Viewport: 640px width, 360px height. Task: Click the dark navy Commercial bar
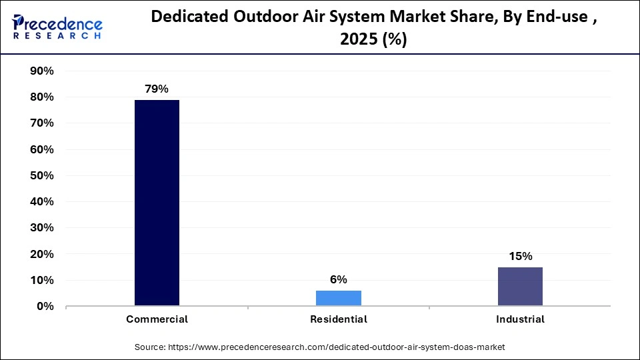(x=157, y=203)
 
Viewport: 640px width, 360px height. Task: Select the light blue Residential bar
(x=339, y=298)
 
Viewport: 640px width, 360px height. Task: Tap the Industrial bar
(x=520, y=287)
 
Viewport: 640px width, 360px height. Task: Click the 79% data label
(x=157, y=89)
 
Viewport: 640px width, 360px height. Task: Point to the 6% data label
(x=339, y=279)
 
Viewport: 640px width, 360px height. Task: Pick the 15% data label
(x=520, y=256)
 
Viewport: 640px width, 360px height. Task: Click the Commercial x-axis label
(x=157, y=319)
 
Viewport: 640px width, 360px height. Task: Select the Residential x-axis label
(x=339, y=319)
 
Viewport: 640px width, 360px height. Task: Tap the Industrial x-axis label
(x=520, y=319)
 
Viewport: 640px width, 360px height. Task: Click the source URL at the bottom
(x=336, y=347)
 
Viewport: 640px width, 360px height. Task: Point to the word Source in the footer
(x=151, y=347)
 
